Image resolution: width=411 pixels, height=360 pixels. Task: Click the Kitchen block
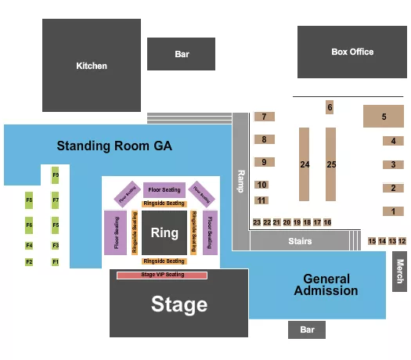coord(92,66)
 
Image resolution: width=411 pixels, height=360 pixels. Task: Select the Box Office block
coord(352,52)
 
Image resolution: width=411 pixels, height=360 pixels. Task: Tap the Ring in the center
coord(164,232)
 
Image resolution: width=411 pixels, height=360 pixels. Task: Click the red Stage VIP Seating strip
coord(162,275)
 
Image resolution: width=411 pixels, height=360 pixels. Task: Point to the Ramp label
coord(240,182)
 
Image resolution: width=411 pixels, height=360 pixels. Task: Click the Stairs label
coord(299,241)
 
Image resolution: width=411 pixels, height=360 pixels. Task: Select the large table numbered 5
coord(384,117)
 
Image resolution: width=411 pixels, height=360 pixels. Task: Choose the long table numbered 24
coord(305,165)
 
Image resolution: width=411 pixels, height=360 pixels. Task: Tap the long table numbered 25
coord(331,165)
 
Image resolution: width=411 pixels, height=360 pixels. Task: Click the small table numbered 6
coord(330,107)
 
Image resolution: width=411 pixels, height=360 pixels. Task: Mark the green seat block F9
coord(56,175)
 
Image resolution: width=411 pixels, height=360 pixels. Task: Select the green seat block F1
coord(56,261)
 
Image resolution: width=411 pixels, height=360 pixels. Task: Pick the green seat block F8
coord(29,200)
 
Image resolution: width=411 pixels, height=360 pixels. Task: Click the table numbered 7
coord(265,117)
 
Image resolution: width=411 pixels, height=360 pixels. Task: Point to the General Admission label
coord(326,285)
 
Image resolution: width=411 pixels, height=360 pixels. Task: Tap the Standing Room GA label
coord(114,146)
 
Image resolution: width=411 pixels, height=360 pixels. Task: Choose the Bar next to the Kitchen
coord(182,54)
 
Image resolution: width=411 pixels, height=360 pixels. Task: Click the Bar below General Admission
coord(307,330)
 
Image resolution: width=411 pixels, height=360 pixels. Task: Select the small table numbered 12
coord(402,241)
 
